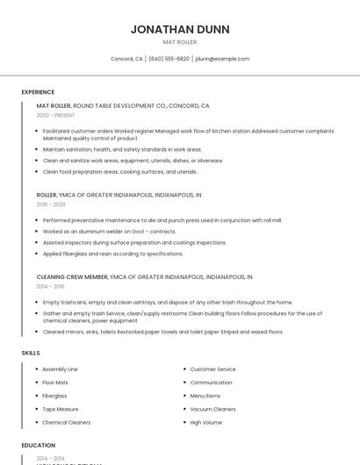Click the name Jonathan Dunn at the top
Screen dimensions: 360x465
click(x=180, y=29)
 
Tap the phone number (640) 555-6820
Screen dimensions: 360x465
click(x=169, y=59)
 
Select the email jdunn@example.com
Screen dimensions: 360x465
click(x=222, y=59)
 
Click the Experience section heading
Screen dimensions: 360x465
click(x=38, y=92)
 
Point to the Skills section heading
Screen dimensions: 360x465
click(x=31, y=353)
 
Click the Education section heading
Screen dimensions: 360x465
click(x=39, y=446)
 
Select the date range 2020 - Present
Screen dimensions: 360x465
click(x=55, y=115)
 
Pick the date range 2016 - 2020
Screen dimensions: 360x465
click(x=51, y=204)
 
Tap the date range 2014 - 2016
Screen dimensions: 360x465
click(x=51, y=286)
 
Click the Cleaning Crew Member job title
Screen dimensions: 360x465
click(x=71, y=276)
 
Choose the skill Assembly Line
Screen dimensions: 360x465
click(x=60, y=369)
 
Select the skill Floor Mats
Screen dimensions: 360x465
click(x=55, y=383)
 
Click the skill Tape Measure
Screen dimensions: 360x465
click(x=60, y=409)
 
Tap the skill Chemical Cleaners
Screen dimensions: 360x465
click(x=66, y=422)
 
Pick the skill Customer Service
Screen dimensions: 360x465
click(x=212, y=369)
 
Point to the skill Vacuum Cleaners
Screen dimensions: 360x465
click(x=212, y=409)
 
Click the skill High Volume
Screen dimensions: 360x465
click(x=205, y=422)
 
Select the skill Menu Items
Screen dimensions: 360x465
click(x=205, y=396)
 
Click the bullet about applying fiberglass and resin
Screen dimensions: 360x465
click(x=112, y=254)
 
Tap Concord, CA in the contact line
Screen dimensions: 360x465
click(x=126, y=59)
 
